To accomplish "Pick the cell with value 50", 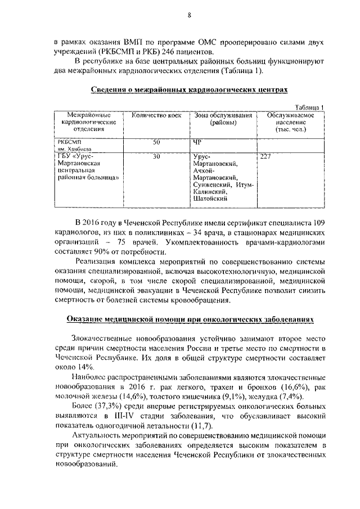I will tap(156, 142).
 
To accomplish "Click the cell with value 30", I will tap(156, 157).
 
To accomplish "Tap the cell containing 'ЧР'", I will tap(197, 142).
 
